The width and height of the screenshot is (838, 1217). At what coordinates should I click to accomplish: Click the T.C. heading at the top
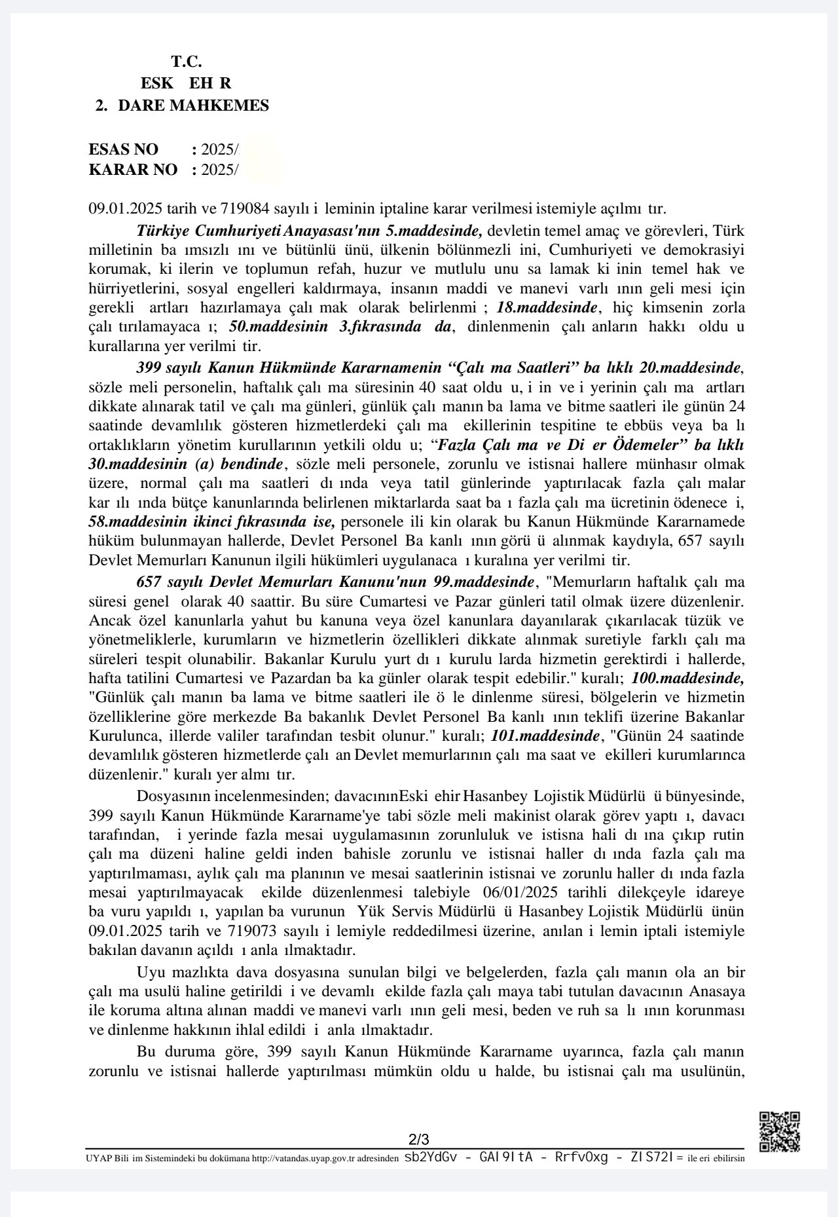187,62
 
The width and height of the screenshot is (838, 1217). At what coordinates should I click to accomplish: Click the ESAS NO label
123,149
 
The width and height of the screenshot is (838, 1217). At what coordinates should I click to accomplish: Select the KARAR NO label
133,170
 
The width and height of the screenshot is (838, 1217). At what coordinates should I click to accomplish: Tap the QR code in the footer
779,1131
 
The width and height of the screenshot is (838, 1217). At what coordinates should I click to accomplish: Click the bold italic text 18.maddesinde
547,307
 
